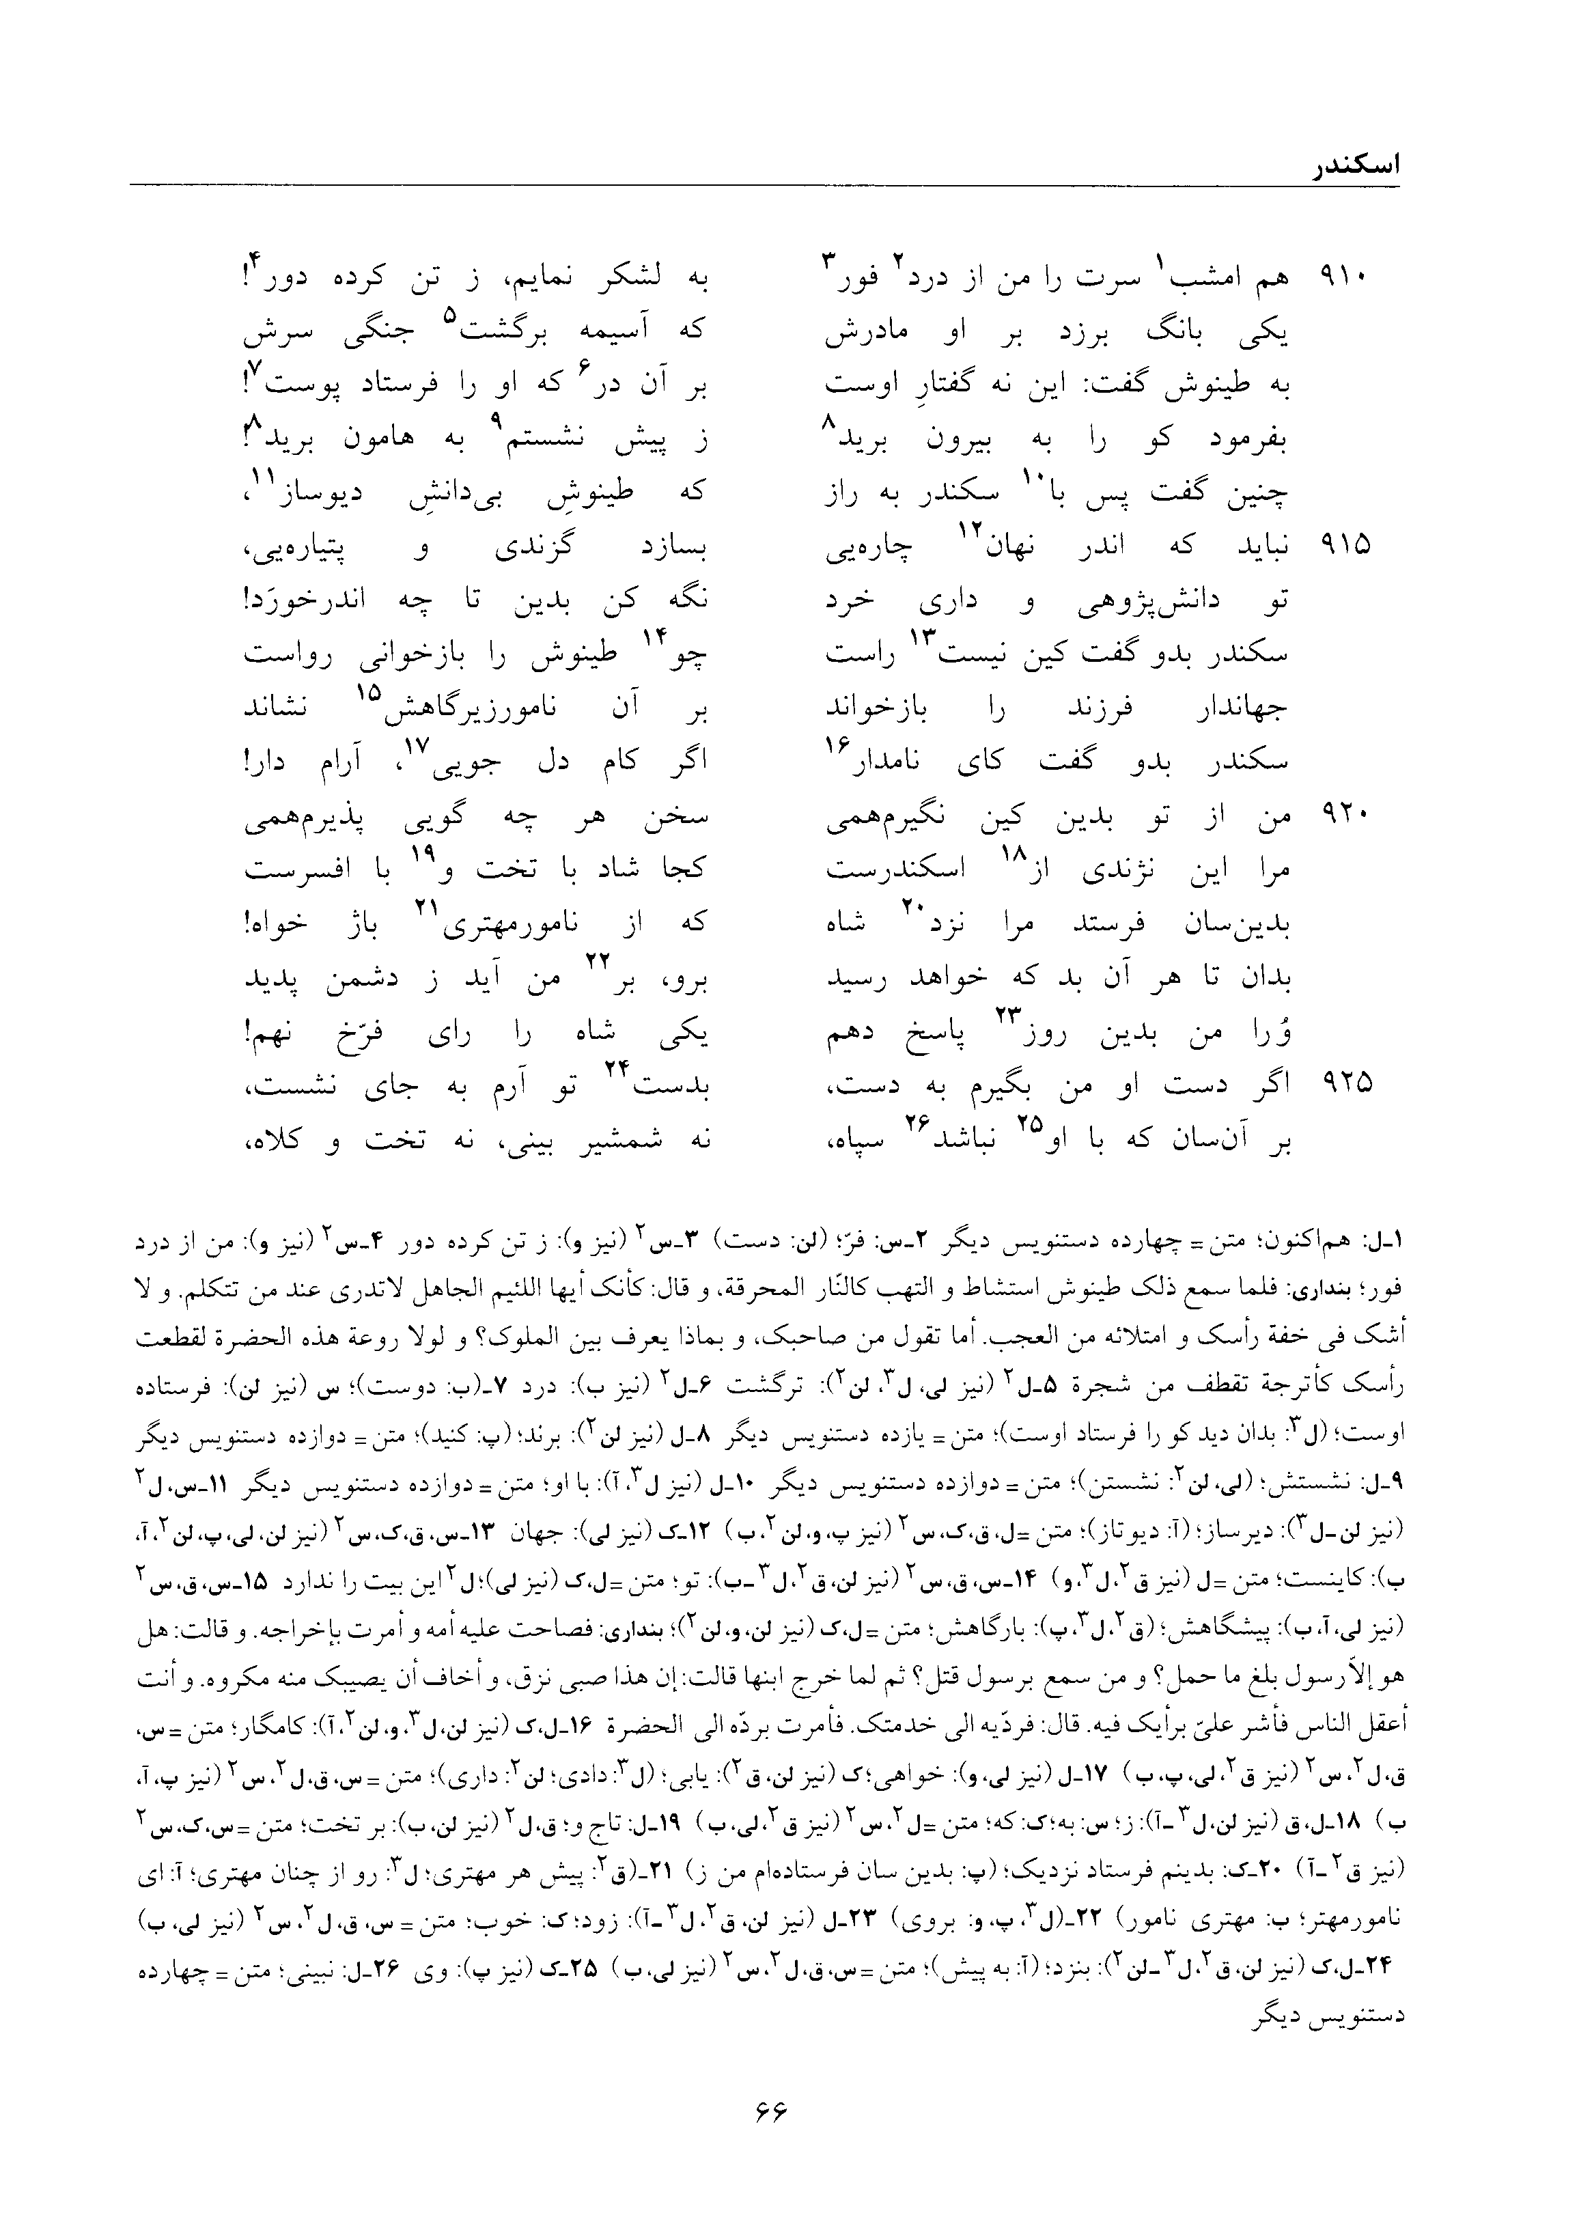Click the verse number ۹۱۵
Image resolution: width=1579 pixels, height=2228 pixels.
1343,545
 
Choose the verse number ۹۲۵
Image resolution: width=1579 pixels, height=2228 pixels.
1343,1081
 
